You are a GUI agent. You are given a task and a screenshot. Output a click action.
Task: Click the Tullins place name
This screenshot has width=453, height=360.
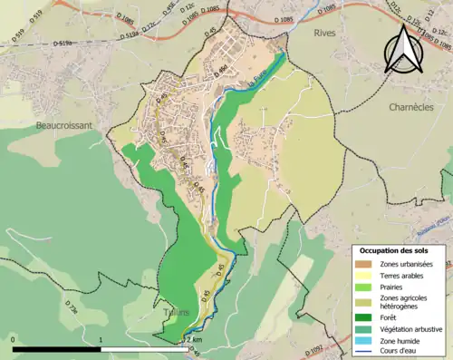(x=177, y=313)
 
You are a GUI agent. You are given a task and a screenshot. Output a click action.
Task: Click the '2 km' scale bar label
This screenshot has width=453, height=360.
(x=194, y=338)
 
